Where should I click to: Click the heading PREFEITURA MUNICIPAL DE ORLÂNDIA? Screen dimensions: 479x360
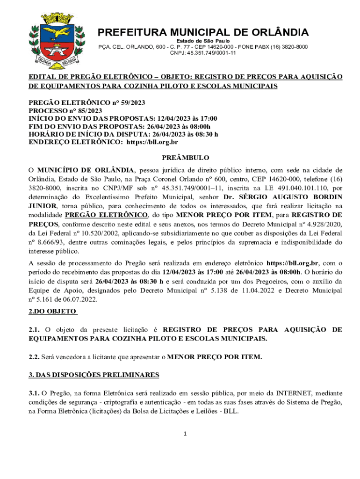pyautogui.click(x=203, y=33)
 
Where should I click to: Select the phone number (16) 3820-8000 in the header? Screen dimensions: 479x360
pyautogui.click(x=288, y=47)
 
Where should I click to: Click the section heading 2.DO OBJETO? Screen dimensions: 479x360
pyautogui.click(x=53, y=311)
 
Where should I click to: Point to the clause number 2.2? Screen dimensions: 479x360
pyautogui.click(x=34, y=357)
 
